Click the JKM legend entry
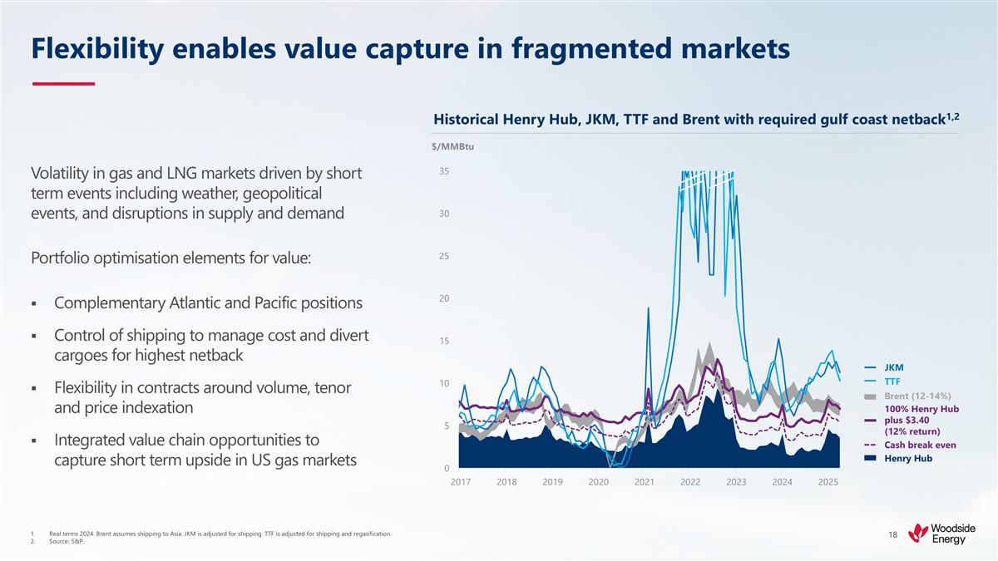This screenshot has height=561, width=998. [x=893, y=367]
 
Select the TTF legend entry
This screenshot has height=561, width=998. [x=892, y=381]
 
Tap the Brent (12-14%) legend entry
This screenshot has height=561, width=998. [x=916, y=396]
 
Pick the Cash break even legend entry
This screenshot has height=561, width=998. [x=919, y=445]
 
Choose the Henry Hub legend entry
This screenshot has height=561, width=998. [x=907, y=458]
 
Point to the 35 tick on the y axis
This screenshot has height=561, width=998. [x=445, y=171]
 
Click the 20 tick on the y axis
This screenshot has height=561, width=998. [x=445, y=298]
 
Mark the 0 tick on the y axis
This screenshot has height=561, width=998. [x=447, y=468]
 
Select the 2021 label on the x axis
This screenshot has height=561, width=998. [x=643, y=482]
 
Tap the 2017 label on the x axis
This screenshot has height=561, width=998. [x=460, y=482]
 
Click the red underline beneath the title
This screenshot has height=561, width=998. [x=63, y=84]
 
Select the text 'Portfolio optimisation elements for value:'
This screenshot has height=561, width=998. [x=170, y=257]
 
